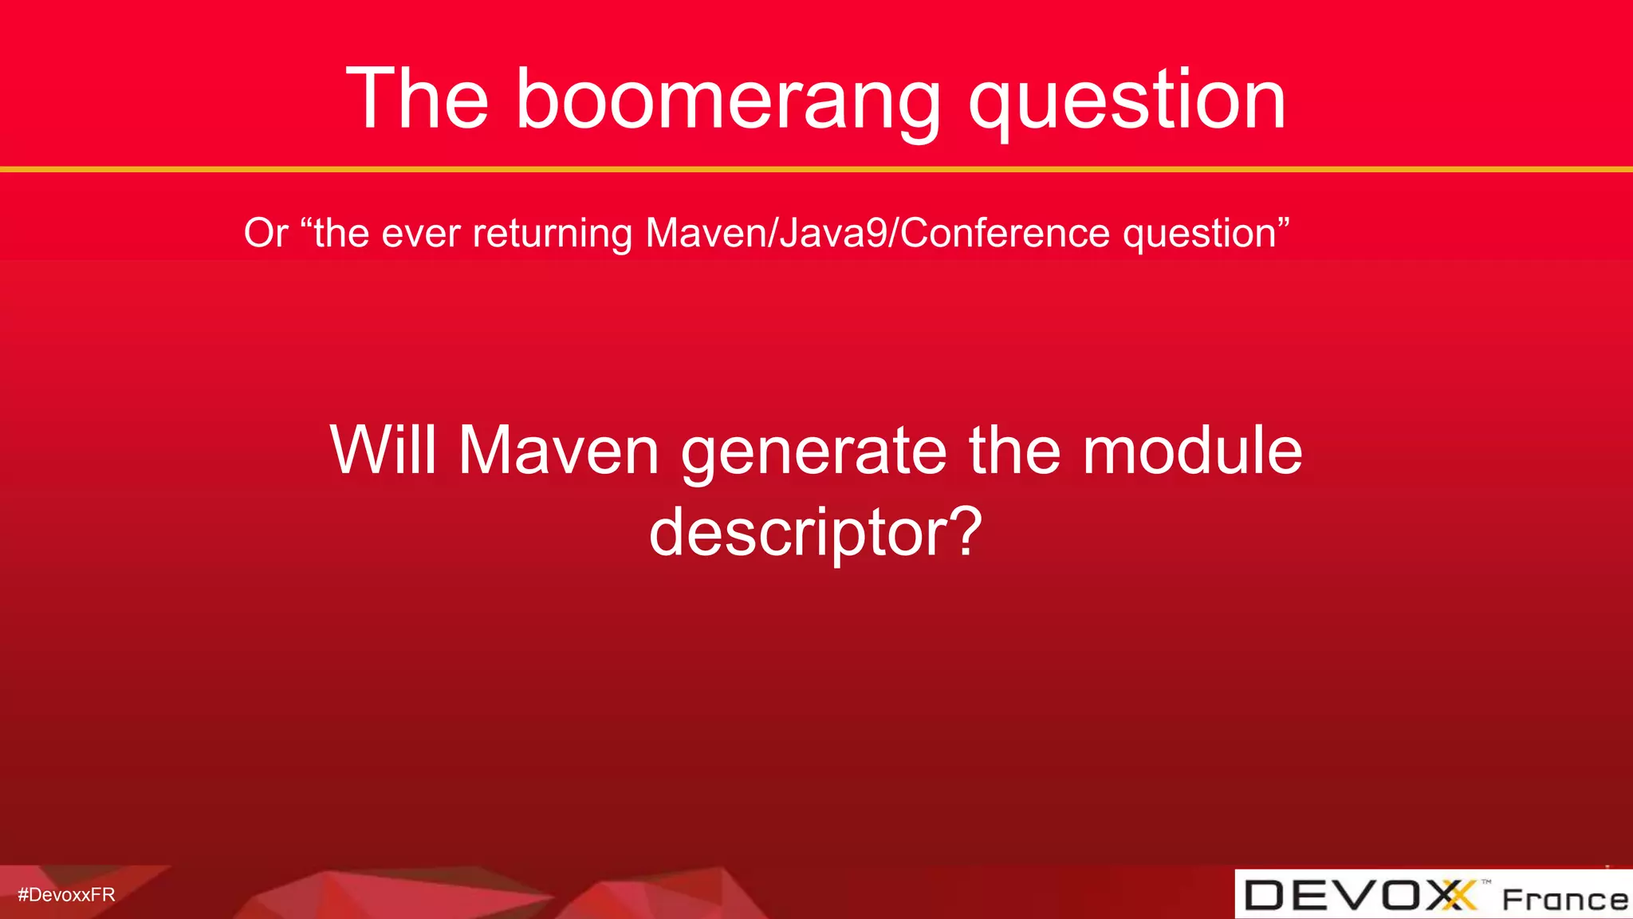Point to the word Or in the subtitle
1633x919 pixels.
pyautogui.click(x=266, y=233)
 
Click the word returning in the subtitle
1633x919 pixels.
pyautogui.click(x=553, y=234)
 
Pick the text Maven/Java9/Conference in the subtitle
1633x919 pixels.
pyautogui.click(x=877, y=234)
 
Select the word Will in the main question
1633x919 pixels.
pyautogui.click(x=383, y=450)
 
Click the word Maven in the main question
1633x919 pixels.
pyautogui.click(x=558, y=450)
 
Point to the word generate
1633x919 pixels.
pyautogui.click(x=813, y=452)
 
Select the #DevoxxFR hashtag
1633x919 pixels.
pyautogui.click(x=66, y=894)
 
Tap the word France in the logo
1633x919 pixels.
pyautogui.click(x=1564, y=899)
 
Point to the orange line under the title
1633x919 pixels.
pyautogui.click(x=816, y=169)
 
